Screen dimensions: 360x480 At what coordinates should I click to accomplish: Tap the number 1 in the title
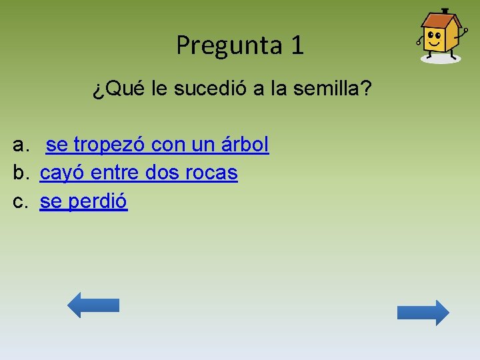coord(297,45)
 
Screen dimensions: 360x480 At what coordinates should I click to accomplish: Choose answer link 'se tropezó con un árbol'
coord(157,144)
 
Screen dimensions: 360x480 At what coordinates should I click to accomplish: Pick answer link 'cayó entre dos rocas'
coord(139,173)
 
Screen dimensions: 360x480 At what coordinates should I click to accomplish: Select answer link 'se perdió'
coord(83,201)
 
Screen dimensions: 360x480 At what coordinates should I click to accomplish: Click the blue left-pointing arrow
coord(93,305)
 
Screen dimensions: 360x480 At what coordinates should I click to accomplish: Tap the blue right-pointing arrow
coord(423,313)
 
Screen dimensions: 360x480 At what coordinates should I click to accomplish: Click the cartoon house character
coord(440,36)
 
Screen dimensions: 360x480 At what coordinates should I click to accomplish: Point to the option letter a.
coord(21,145)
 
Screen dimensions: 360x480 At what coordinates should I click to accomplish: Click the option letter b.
coord(21,173)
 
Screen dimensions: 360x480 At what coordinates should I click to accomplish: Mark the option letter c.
coord(21,201)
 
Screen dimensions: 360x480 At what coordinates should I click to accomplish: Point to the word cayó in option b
coord(62,173)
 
